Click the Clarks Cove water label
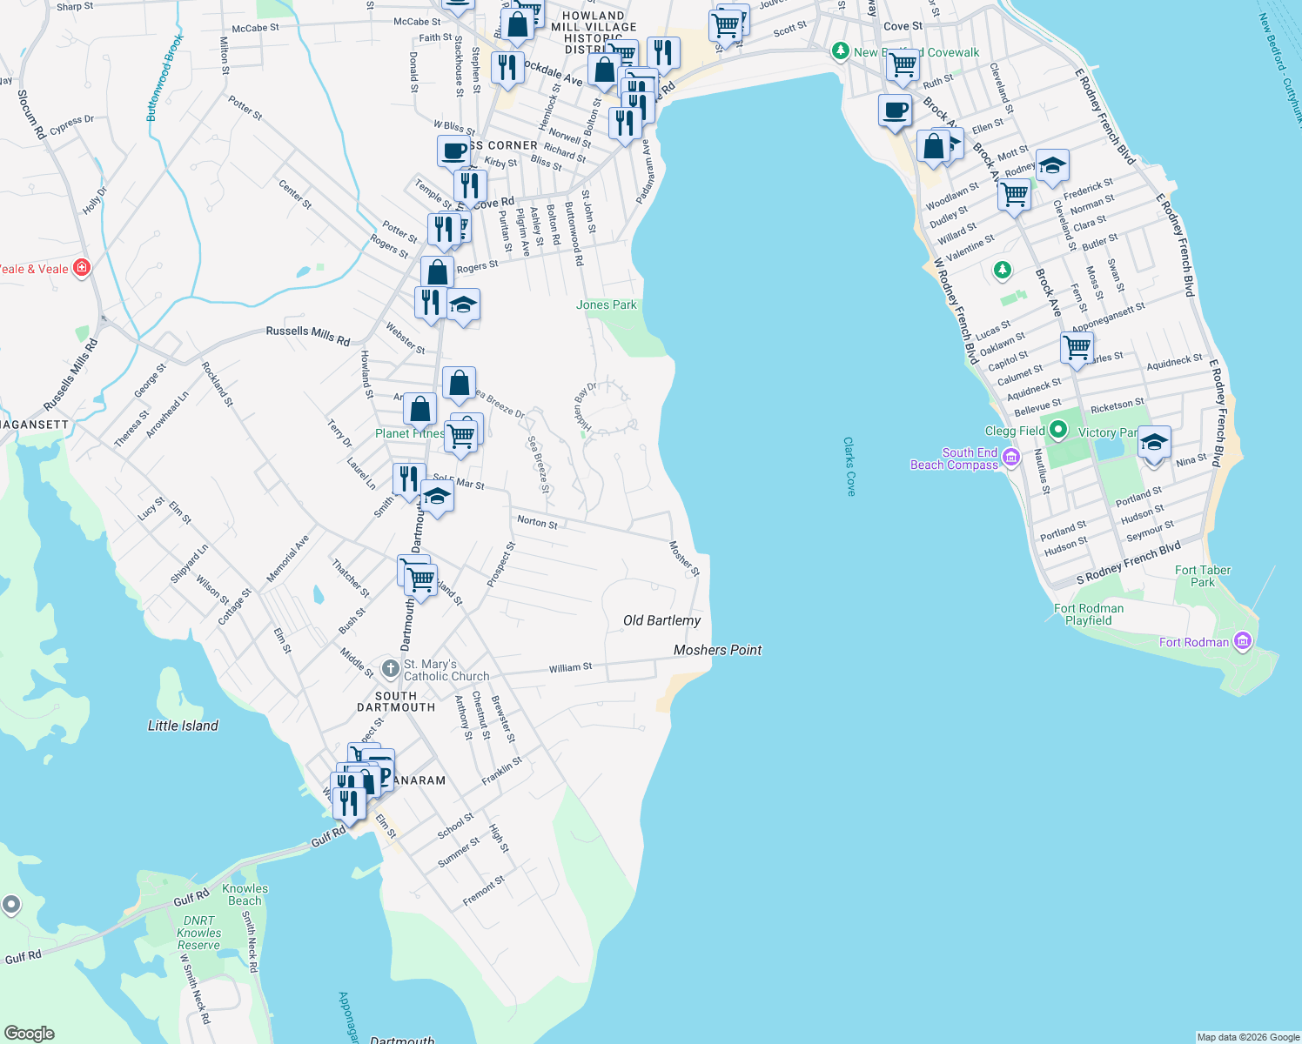pyautogui.click(x=849, y=466)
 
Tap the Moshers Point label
pyautogui.click(x=717, y=650)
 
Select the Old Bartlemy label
pyautogui.click(x=661, y=620)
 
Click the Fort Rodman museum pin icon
pyautogui.click(x=1243, y=642)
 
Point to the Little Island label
pyautogui.click(x=183, y=726)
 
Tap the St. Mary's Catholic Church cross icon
pyautogui.click(x=390, y=669)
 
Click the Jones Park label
pyautogui.click(x=607, y=304)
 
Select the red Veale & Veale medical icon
pyautogui.click(x=82, y=268)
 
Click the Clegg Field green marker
pyautogui.click(x=1058, y=430)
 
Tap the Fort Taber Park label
pyautogui.click(x=1203, y=576)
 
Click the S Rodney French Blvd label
pyautogui.click(x=1128, y=563)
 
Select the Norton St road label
pyautogui.click(x=537, y=521)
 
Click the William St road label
pyautogui.click(x=570, y=667)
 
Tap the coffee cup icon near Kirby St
pyautogui.click(x=453, y=151)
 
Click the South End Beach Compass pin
pyautogui.click(x=1010, y=457)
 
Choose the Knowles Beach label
pyautogui.click(x=245, y=894)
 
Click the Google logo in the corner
pyautogui.click(x=29, y=1033)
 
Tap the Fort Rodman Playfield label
pyautogui.click(x=1089, y=614)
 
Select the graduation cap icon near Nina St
pyautogui.click(x=1154, y=444)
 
